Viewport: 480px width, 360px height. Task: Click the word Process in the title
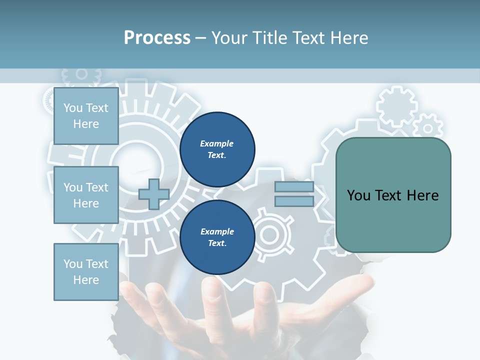(x=157, y=37)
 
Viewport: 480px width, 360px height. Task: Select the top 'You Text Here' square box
(x=86, y=116)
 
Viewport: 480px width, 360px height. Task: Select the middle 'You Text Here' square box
(x=86, y=195)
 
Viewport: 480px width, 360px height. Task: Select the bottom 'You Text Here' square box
(x=86, y=272)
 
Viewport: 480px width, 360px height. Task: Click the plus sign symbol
(x=153, y=194)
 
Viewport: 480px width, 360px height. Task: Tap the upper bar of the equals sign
(x=294, y=187)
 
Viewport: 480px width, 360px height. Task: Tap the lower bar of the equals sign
(x=294, y=201)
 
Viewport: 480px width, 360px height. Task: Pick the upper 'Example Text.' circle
(x=217, y=149)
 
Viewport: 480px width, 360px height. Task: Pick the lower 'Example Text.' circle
(x=217, y=237)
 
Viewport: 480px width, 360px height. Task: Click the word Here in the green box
(x=422, y=195)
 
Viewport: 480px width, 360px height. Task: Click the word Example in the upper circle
(x=217, y=143)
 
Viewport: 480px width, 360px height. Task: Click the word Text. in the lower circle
(x=217, y=243)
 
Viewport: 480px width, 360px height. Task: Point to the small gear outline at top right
(x=396, y=106)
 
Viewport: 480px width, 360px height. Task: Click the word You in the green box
(x=358, y=195)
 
